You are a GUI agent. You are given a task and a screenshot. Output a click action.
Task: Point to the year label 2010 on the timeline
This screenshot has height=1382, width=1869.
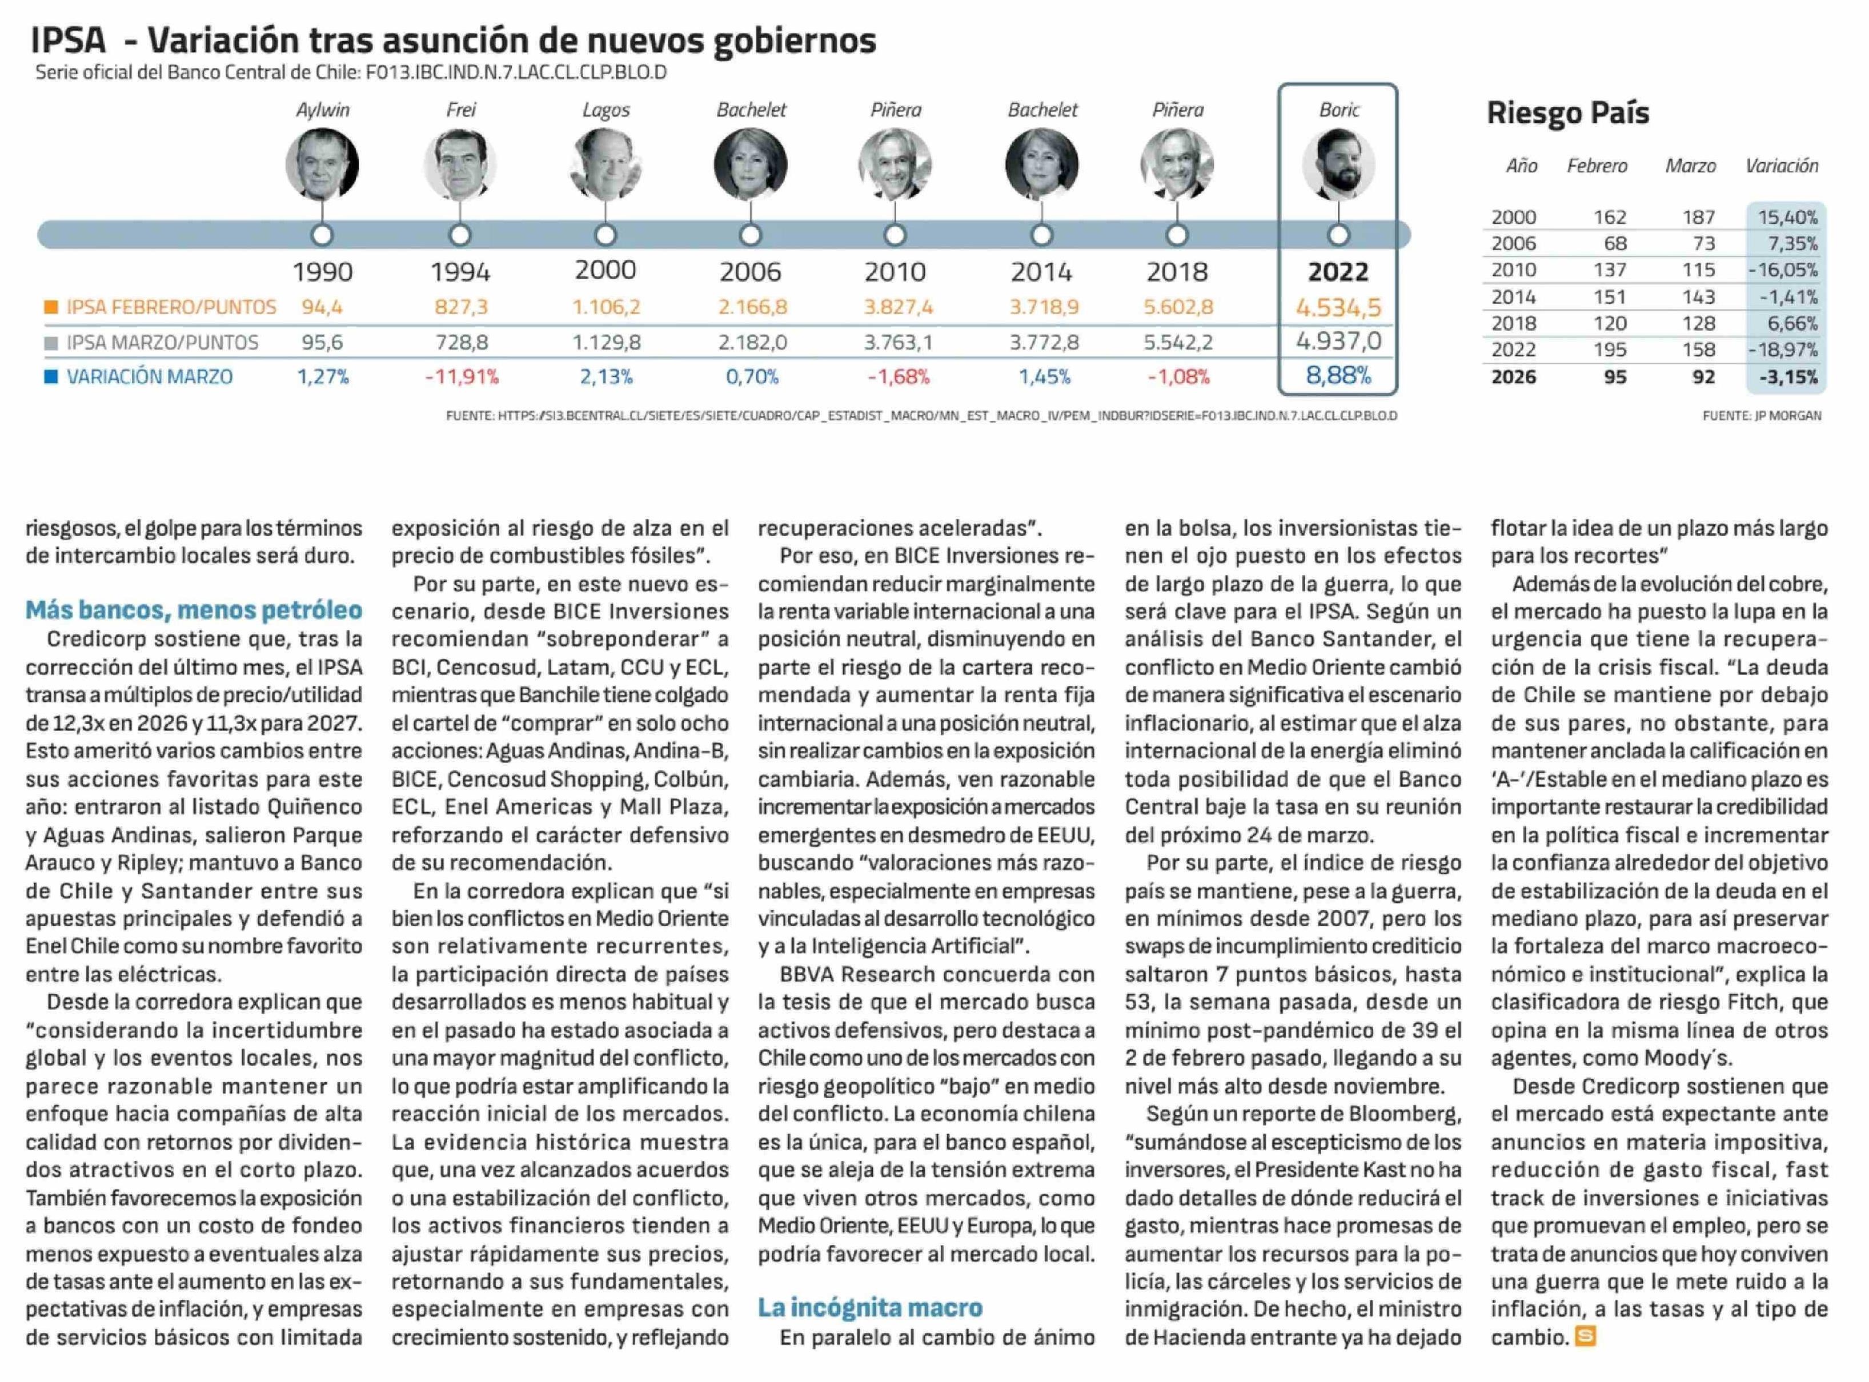coord(895,272)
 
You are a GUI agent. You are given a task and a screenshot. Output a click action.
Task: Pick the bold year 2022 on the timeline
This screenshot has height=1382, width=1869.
coord(1338,272)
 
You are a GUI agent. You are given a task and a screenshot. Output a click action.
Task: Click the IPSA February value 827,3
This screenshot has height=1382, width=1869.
coord(460,307)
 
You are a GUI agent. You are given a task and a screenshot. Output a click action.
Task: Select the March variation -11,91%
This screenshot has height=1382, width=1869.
coord(461,377)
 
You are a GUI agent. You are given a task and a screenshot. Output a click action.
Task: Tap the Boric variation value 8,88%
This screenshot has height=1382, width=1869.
coord(1338,376)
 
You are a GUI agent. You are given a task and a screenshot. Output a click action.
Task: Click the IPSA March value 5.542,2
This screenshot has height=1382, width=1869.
coord(1177,342)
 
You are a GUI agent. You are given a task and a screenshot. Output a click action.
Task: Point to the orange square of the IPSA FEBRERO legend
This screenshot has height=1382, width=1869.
coord(51,307)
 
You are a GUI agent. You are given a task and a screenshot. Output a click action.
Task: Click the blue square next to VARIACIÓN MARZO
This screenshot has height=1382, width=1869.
coord(51,376)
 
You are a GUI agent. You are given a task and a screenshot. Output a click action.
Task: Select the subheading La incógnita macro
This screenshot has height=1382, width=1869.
coord(870,1308)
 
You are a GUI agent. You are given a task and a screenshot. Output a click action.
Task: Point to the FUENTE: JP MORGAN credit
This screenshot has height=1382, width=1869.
coord(1761,416)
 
